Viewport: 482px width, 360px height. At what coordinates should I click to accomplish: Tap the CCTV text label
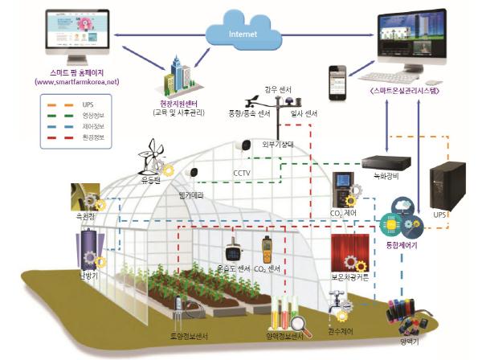pyautogui.click(x=242, y=172)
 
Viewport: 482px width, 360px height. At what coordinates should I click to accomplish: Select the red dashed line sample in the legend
pyautogui.click(x=58, y=138)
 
